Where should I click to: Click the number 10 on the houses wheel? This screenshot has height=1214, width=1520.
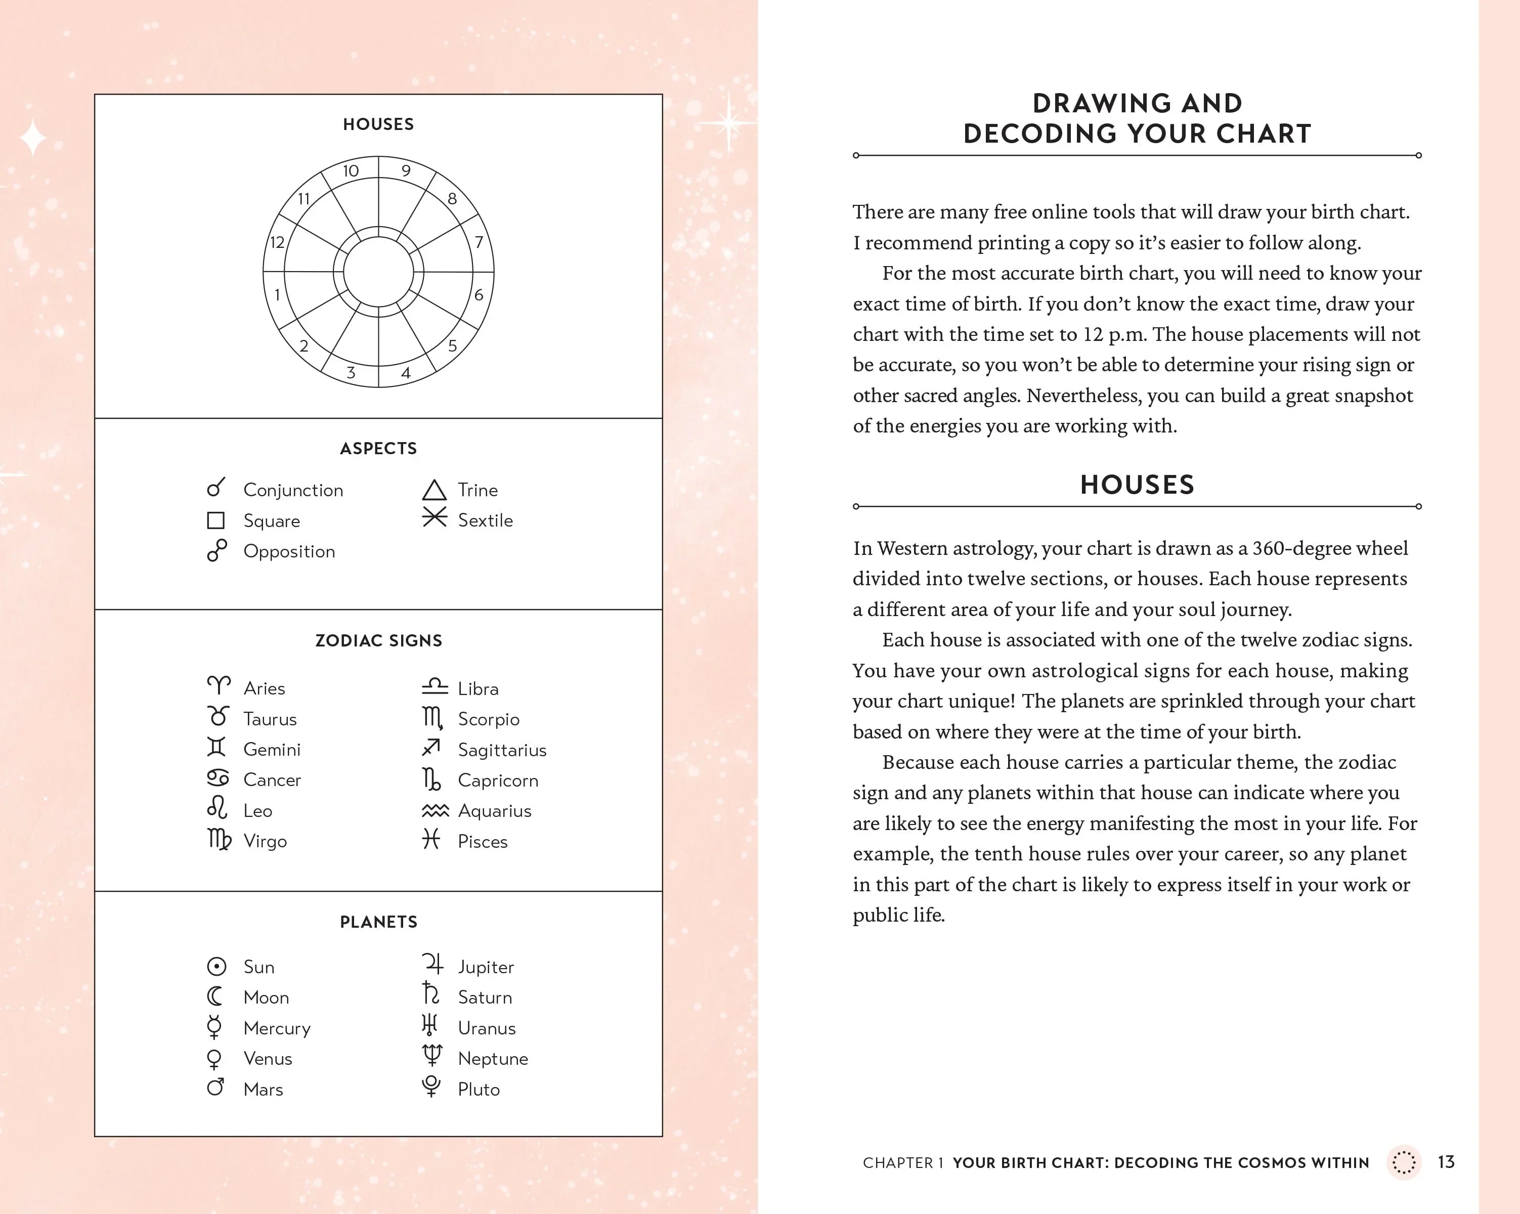[x=351, y=170]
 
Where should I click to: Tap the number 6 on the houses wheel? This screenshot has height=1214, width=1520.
[x=479, y=295]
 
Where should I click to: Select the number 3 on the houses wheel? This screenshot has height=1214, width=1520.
[x=351, y=373]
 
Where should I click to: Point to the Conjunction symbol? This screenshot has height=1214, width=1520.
[x=215, y=487]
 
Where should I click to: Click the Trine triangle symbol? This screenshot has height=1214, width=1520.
[x=435, y=490]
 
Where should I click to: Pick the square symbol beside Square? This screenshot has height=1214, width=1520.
[x=215, y=521]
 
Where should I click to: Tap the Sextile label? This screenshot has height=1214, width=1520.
[x=485, y=521]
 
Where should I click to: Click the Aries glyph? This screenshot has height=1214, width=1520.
[x=219, y=684]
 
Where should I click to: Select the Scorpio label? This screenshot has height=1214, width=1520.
[x=489, y=719]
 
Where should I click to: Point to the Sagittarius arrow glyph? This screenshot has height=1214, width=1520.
[x=431, y=747]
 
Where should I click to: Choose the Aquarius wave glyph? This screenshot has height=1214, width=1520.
[x=435, y=811]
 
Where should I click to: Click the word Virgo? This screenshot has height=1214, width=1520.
[x=265, y=841]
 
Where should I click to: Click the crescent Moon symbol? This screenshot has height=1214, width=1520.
[x=215, y=996]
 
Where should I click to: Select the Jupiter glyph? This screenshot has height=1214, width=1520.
[x=432, y=964]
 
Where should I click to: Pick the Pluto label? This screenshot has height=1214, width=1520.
[x=479, y=1089]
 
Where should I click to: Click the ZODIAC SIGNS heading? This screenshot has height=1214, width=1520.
[x=378, y=640]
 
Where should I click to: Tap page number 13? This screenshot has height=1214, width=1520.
[x=1446, y=1162]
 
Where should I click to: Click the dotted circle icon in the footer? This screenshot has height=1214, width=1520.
[x=1404, y=1162]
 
